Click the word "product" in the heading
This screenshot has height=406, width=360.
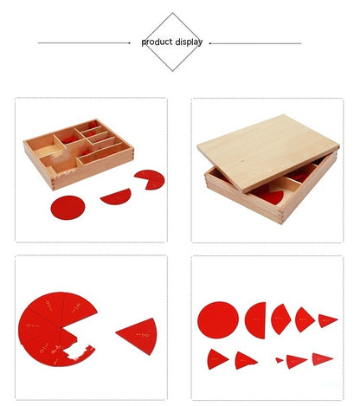157,42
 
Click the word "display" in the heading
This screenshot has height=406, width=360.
189,42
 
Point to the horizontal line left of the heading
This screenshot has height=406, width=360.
87,42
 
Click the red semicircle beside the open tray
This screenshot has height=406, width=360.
116,197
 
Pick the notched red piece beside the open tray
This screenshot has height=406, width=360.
149,179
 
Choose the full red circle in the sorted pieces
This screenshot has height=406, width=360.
217,319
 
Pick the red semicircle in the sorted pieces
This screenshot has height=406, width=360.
256,319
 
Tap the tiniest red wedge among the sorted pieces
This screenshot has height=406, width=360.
280,359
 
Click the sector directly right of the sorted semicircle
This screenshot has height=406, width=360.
281,319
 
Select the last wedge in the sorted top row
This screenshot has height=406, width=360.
327,320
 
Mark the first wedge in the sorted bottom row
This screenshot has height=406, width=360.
217,358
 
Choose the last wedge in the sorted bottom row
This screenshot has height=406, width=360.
322,358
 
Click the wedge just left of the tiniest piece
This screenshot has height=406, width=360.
247,358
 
